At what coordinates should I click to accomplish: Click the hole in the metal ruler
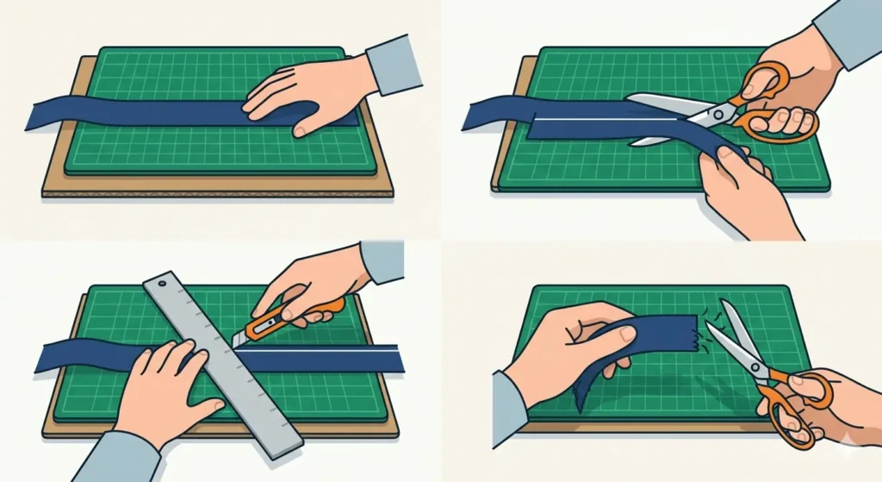click(163, 281)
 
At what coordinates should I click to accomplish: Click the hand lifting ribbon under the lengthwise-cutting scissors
click(741, 185)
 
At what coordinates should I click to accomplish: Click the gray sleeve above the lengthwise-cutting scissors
click(848, 30)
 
